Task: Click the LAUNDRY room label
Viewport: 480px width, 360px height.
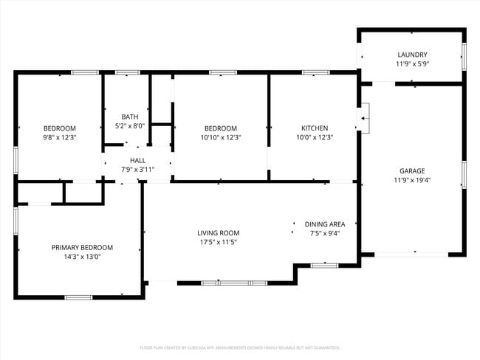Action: (412, 55)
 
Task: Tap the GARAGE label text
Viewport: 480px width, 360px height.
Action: (412, 170)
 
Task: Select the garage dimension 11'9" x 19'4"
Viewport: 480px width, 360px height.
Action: (412, 180)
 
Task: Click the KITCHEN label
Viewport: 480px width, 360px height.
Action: (315, 128)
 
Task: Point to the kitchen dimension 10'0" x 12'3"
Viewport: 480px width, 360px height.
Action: (315, 137)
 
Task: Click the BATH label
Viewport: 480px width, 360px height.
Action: (130, 117)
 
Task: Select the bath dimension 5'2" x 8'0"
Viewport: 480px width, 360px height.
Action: (130, 126)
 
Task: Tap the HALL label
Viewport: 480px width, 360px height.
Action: (138, 160)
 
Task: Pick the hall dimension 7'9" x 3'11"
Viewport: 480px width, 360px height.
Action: (138, 170)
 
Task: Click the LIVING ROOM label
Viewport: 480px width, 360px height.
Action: (218, 233)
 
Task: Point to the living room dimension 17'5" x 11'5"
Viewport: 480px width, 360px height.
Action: (218, 243)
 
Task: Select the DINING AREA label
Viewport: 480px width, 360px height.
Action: (325, 224)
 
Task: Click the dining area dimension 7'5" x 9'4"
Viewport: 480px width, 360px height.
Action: (325, 234)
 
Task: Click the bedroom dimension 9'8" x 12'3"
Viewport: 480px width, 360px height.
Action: (59, 137)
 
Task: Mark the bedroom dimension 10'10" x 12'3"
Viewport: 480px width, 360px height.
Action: (221, 137)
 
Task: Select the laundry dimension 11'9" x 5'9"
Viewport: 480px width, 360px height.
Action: (412, 64)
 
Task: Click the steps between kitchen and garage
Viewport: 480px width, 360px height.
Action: (364, 118)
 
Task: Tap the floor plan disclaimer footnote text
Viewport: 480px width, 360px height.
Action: (239, 347)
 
